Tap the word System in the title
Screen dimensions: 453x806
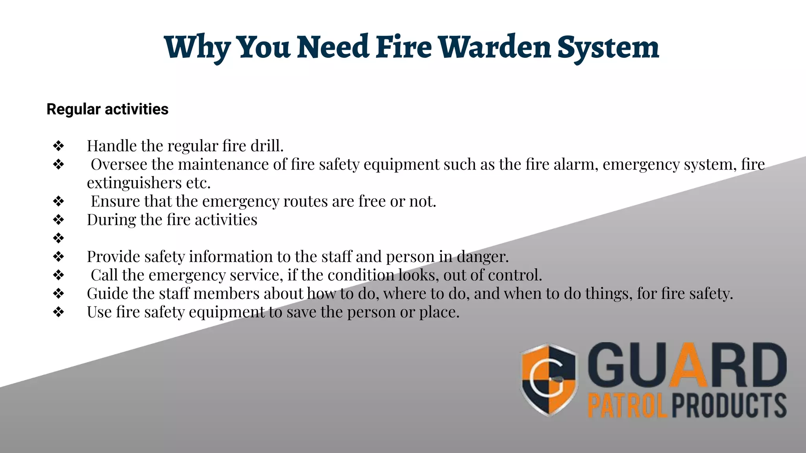click(608, 48)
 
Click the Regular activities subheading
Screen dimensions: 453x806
click(107, 109)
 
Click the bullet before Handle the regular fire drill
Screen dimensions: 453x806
click(59, 146)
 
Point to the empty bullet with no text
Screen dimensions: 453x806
click(59, 238)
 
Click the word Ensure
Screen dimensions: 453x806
click(115, 201)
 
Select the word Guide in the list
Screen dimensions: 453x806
click(107, 294)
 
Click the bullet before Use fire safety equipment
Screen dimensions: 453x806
click(59, 312)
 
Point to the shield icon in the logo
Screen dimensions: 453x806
click(549, 379)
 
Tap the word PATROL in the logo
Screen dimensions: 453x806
click(627, 406)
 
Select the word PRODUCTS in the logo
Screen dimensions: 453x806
click(729, 406)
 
